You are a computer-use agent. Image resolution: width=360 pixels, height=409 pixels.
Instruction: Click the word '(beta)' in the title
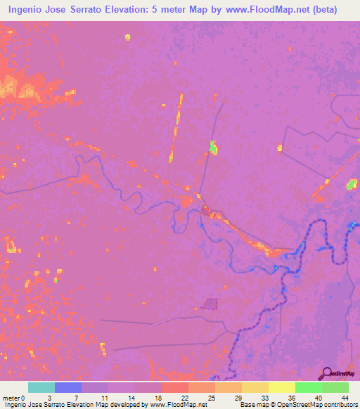[324, 10]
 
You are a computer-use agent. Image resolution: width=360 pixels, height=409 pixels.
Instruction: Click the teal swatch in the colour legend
[41, 387]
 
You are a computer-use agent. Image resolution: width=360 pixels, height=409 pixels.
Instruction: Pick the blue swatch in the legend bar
[68, 387]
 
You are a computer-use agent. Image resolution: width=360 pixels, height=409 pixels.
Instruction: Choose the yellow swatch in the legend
[282, 387]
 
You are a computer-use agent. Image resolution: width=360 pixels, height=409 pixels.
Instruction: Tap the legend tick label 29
[238, 397]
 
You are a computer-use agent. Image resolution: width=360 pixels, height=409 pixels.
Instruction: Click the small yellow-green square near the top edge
[127, 37]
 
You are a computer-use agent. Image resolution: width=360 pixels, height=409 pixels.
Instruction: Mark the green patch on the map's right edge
[352, 184]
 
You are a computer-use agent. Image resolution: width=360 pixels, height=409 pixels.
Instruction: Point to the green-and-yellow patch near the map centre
[213, 148]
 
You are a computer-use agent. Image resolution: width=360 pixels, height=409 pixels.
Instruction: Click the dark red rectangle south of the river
[209, 304]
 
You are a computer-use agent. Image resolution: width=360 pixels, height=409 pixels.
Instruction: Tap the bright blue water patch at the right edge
[353, 226]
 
